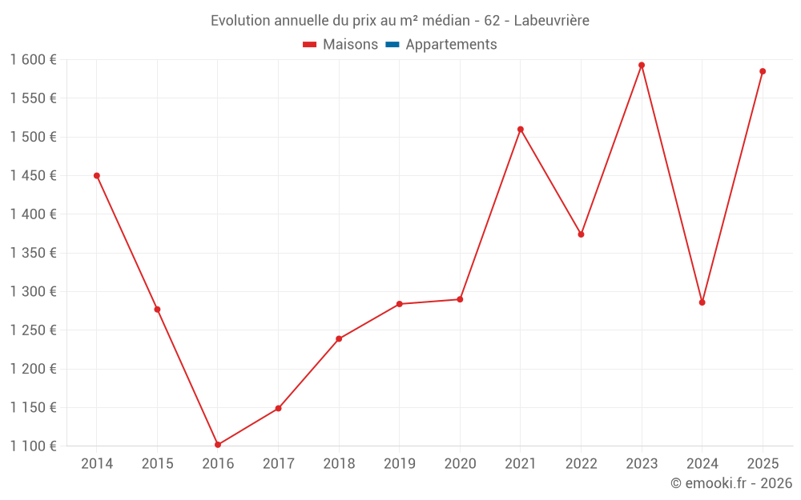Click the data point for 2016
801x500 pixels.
(218, 445)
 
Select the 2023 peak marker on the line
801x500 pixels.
(642, 66)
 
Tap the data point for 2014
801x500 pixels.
(97, 176)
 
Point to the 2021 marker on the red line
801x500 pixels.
(521, 130)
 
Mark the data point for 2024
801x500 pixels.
(702, 302)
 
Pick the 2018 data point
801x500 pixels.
(339, 339)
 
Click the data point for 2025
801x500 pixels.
(763, 71)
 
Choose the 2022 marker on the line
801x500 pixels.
(582, 234)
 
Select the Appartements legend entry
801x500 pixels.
(451, 45)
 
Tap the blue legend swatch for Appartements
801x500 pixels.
(392, 45)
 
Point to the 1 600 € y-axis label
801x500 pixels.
(34, 60)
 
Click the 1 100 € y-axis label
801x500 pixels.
(34, 446)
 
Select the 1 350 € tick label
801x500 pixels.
(34, 254)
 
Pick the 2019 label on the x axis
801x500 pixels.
(400, 464)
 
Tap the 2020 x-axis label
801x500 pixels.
(460, 464)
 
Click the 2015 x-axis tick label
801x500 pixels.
(157, 464)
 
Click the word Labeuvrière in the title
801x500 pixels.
(551, 21)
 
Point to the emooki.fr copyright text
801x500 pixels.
(731, 483)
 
